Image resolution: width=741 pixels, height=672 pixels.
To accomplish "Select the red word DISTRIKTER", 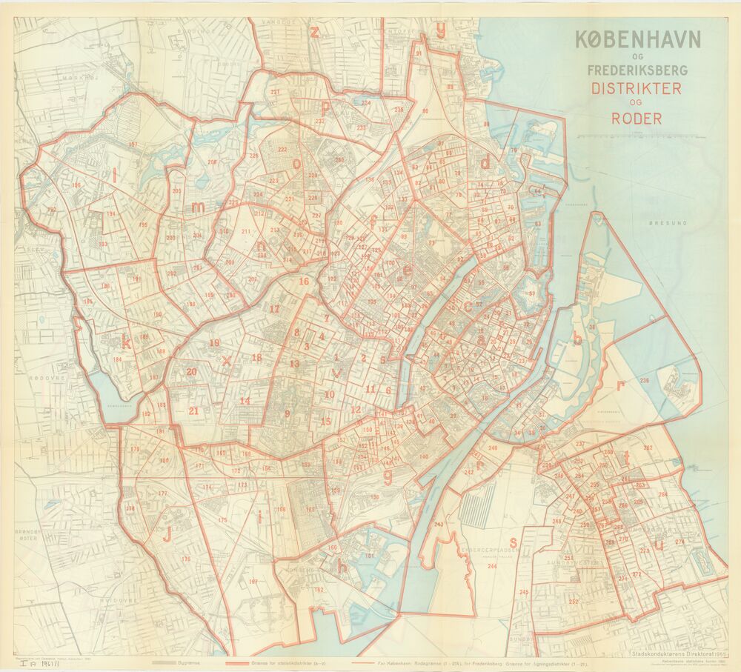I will coord(636,88).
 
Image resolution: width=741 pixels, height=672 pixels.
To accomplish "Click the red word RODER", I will coord(636,118).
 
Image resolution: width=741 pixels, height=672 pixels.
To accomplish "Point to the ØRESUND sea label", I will coord(668,222).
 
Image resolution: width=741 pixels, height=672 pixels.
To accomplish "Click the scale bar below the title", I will coord(651,137).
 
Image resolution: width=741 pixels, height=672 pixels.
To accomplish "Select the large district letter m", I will coord(198,208).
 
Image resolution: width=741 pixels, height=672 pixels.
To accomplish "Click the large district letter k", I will coord(127,343).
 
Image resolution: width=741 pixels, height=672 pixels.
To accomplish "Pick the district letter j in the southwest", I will coord(167,533).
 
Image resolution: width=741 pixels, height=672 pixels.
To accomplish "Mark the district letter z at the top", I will coord(315,31).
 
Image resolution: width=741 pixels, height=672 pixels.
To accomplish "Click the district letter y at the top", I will coord(442,30).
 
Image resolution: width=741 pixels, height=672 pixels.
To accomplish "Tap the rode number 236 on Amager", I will coord(644,381).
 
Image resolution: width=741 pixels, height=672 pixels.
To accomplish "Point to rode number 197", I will coord(133,144).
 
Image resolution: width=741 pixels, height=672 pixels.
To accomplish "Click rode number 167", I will coord(253,582).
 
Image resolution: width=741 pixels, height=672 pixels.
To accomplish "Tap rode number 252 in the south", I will coord(574,602).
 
